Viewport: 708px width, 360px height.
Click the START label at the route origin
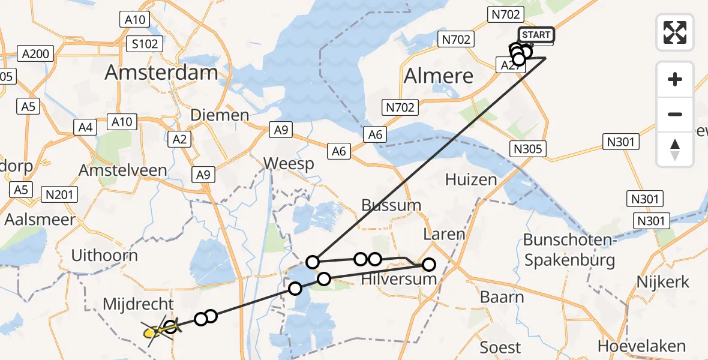point(536,35)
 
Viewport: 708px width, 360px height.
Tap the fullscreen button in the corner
point(675,32)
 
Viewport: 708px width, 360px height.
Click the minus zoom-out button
point(675,114)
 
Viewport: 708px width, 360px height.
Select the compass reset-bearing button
point(675,149)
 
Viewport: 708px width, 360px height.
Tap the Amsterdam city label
point(161,73)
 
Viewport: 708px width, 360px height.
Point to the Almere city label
point(439,76)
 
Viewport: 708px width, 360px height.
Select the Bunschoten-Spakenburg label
point(569,250)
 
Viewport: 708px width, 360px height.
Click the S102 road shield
point(146,44)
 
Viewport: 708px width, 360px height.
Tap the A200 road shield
point(35,53)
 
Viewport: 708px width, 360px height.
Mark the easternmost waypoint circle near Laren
point(428,264)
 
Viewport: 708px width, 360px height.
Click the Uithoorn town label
point(104,256)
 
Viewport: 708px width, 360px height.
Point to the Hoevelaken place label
point(642,346)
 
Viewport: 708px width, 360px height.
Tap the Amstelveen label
point(122,170)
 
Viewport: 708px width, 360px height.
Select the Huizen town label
point(471,179)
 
